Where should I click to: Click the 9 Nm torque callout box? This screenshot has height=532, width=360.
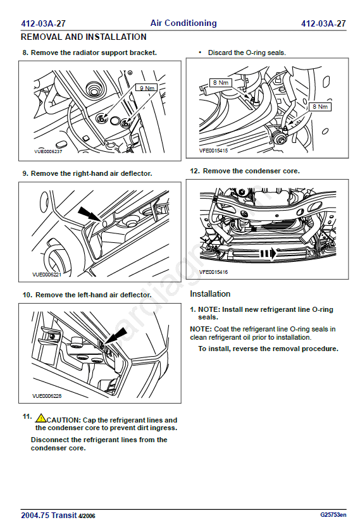[147, 88]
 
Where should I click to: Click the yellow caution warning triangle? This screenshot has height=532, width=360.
[40, 418]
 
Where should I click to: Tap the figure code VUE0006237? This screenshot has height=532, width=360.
[48, 151]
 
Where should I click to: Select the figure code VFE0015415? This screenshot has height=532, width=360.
[213, 151]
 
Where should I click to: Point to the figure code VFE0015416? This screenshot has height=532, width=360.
[213, 272]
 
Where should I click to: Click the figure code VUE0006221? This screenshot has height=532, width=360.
[47, 274]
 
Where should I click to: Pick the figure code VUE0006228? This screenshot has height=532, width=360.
[47, 395]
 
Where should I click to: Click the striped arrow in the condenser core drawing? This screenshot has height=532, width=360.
[269, 254]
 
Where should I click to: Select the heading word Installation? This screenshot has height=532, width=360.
[210, 294]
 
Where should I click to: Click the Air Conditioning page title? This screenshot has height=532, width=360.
[183, 23]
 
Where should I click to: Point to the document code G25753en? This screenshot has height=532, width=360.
[333, 515]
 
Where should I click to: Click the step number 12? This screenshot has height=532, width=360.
[195, 171]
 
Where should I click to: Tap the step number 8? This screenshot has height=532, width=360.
[25, 53]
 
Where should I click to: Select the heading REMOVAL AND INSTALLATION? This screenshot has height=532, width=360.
[84, 37]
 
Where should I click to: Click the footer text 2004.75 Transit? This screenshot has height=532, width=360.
[49, 516]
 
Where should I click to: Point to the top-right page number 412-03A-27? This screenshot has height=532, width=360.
[323, 23]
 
